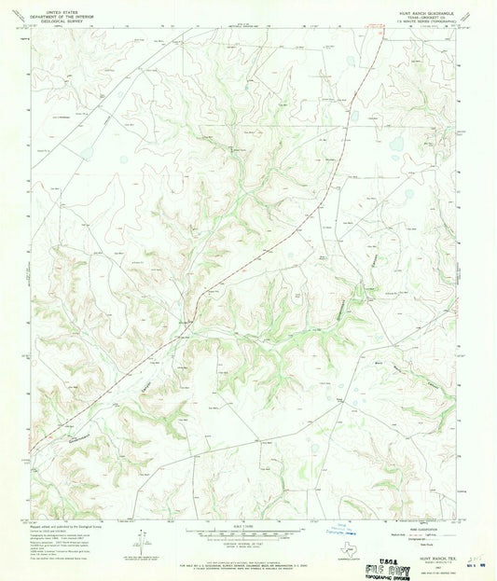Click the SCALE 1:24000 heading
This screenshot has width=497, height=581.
pos(248,525)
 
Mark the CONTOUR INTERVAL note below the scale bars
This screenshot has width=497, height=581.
pos(248,545)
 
